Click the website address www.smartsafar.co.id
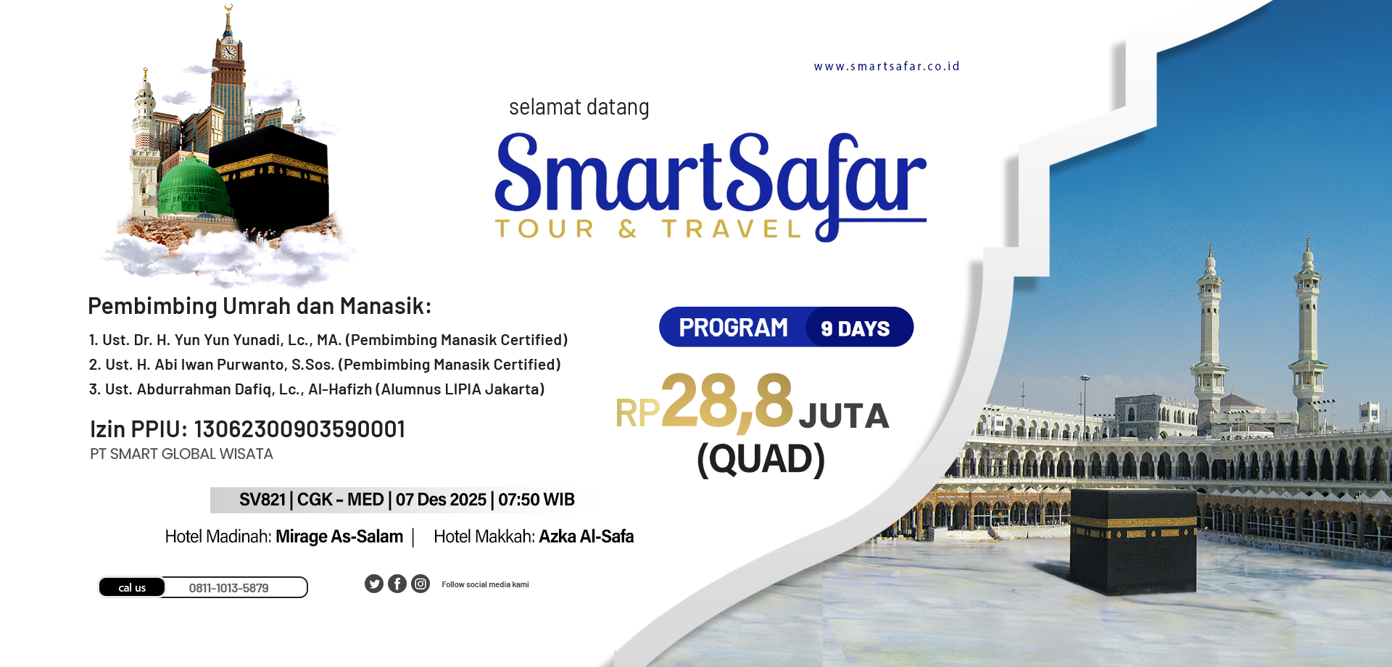click(x=887, y=66)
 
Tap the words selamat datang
click(x=579, y=107)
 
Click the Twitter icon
click(x=374, y=584)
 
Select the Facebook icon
click(x=397, y=584)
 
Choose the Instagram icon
click(x=420, y=584)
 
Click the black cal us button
click(x=132, y=587)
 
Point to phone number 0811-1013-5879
click(x=228, y=588)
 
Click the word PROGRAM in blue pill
click(x=733, y=328)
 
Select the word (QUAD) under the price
click(x=761, y=459)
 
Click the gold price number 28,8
click(x=727, y=400)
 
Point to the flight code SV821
click(x=262, y=500)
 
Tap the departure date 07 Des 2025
click(x=441, y=500)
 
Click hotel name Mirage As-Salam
click(x=339, y=536)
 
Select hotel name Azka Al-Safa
click(x=587, y=536)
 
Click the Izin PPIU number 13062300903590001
click(x=299, y=429)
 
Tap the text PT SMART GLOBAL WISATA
click(x=181, y=454)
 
